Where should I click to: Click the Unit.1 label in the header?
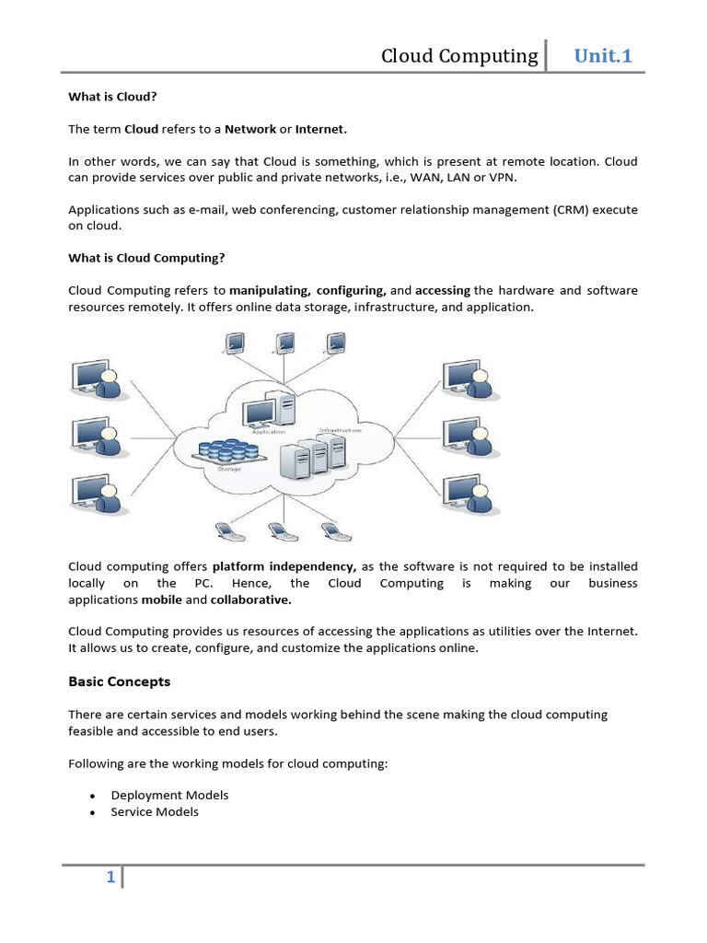click(x=603, y=56)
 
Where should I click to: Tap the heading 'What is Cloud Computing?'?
click(x=146, y=258)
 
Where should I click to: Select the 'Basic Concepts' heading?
click(x=120, y=682)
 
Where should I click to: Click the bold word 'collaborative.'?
click(x=250, y=600)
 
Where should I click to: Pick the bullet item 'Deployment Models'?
click(x=169, y=795)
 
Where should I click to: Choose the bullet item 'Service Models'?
click(x=155, y=811)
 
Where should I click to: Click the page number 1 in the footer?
click(x=110, y=878)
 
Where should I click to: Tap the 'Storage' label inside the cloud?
click(x=229, y=469)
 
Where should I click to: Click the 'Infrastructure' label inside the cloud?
click(x=341, y=430)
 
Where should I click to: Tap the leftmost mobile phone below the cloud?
click(x=224, y=531)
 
